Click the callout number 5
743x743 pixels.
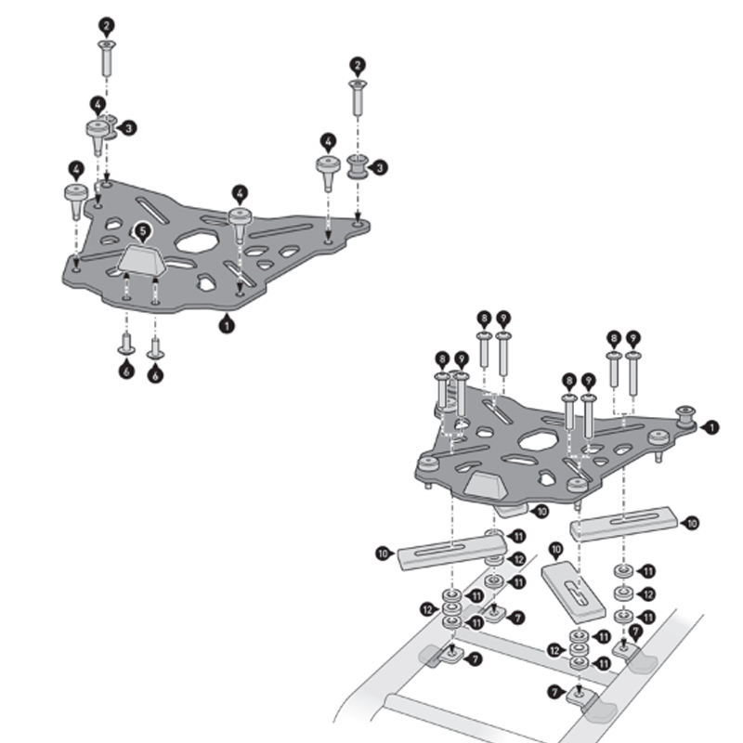point(141,229)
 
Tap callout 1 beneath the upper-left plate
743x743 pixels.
point(225,325)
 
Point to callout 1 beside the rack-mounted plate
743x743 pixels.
point(712,427)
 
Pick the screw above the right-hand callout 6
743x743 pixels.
point(155,347)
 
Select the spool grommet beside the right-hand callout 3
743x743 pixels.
point(357,168)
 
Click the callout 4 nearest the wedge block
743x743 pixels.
point(240,193)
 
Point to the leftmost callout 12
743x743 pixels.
point(428,608)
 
